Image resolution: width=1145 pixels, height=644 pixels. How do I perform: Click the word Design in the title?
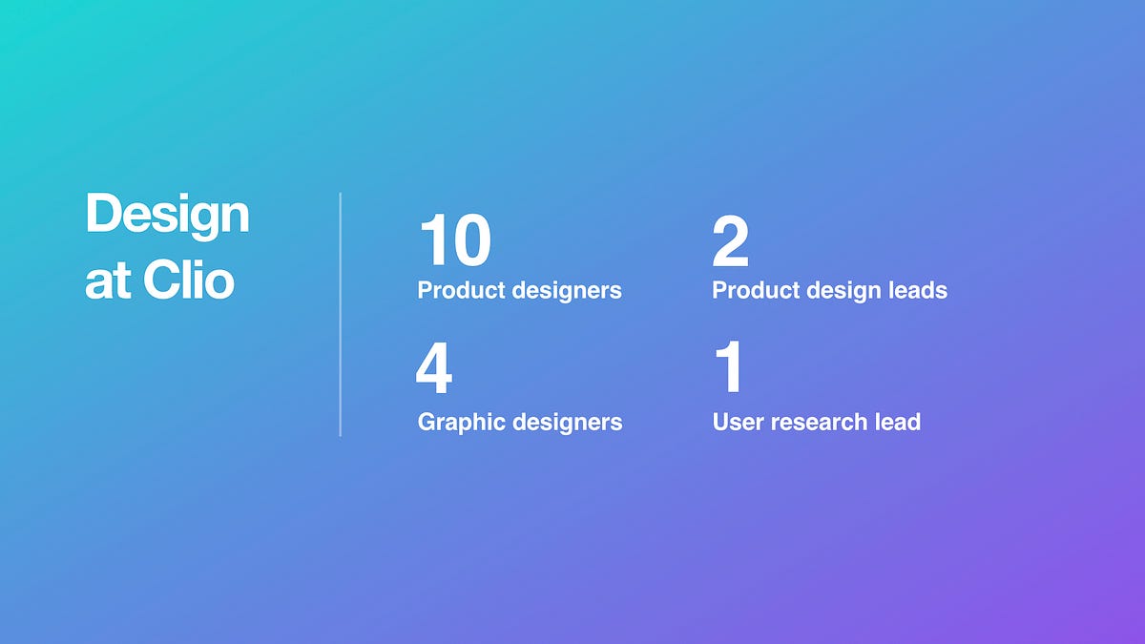coord(167,214)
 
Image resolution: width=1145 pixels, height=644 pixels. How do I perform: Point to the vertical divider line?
coord(340,314)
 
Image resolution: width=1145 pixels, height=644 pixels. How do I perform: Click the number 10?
coord(455,239)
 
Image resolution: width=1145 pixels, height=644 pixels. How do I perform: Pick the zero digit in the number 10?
coord(471,239)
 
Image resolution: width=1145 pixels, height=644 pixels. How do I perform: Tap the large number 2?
coord(731,239)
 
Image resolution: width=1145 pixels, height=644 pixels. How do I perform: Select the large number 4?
coord(434,367)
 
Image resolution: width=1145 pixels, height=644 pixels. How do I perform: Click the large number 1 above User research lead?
coord(730,366)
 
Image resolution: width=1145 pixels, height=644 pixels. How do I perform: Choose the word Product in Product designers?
coord(462,290)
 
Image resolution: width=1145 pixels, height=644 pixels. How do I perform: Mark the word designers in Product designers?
coord(567,291)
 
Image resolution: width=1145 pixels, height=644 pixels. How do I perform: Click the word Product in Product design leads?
coord(756,290)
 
